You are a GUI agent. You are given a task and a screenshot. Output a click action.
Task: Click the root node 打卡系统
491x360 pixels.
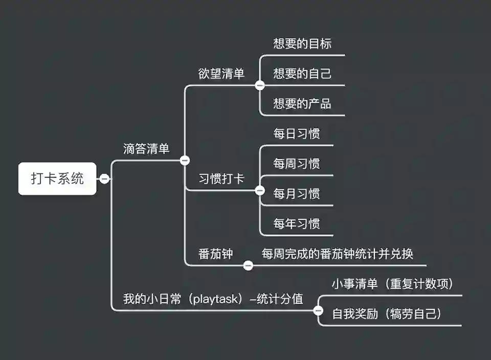(57, 178)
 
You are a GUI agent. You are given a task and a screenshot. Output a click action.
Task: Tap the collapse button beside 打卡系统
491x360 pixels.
(104, 178)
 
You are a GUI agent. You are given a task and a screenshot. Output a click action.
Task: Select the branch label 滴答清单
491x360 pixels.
(146, 149)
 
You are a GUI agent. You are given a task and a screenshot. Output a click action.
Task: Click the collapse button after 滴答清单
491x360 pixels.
(185, 160)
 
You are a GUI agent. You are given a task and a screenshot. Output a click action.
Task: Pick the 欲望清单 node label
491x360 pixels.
(221, 74)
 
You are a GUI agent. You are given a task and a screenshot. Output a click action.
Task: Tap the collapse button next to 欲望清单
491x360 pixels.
(260, 85)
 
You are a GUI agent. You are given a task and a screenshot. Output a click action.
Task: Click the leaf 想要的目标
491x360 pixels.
(302, 44)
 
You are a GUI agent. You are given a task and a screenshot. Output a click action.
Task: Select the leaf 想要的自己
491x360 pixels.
(302, 74)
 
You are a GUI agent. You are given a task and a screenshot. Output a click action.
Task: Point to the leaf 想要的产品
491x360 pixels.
(302, 104)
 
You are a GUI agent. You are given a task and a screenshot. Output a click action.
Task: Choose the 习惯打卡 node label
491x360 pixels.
(221, 179)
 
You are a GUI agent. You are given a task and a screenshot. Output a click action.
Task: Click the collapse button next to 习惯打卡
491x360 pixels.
(260, 191)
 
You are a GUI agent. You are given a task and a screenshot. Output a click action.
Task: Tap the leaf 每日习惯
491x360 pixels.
(297, 134)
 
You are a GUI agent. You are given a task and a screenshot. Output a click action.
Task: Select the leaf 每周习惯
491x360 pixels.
(297, 164)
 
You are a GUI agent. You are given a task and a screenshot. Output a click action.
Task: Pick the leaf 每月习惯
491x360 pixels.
(297, 194)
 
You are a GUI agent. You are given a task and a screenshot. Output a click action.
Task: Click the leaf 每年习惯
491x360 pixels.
(297, 224)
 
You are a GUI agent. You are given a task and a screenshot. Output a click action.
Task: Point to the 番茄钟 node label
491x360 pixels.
(215, 254)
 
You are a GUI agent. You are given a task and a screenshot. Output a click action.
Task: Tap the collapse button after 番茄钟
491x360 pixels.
(248, 265)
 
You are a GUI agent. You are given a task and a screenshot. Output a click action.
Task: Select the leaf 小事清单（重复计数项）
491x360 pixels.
(392, 284)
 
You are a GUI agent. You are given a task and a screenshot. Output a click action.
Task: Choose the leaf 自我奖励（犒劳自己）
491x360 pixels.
(387, 314)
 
